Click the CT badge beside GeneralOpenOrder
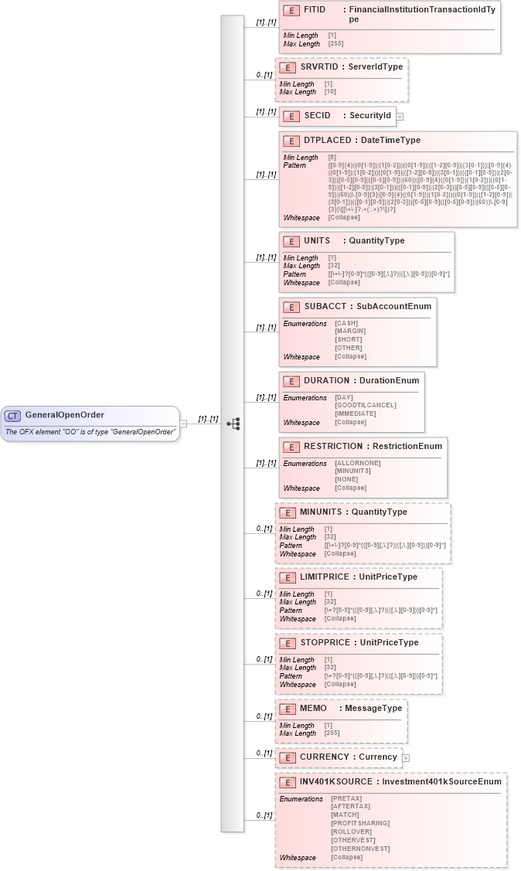pos(12,416)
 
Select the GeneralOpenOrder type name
pos(64,415)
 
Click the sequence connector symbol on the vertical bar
pos(233,424)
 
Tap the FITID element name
pos(315,10)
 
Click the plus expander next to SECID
pos(400,117)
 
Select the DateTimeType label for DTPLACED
pos(390,141)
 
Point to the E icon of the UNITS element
pos(291,241)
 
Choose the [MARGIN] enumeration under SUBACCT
pos(350,331)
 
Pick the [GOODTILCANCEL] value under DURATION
pos(365,405)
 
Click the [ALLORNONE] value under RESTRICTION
pos(357,463)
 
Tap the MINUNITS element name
pos(321,512)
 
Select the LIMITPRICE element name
pos(325,577)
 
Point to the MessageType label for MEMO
pos(373,709)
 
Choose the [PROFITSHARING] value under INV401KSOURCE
pos(359,823)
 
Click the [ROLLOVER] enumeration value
pos(351,832)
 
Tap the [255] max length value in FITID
pos(335,44)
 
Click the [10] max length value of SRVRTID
pos(329,92)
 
